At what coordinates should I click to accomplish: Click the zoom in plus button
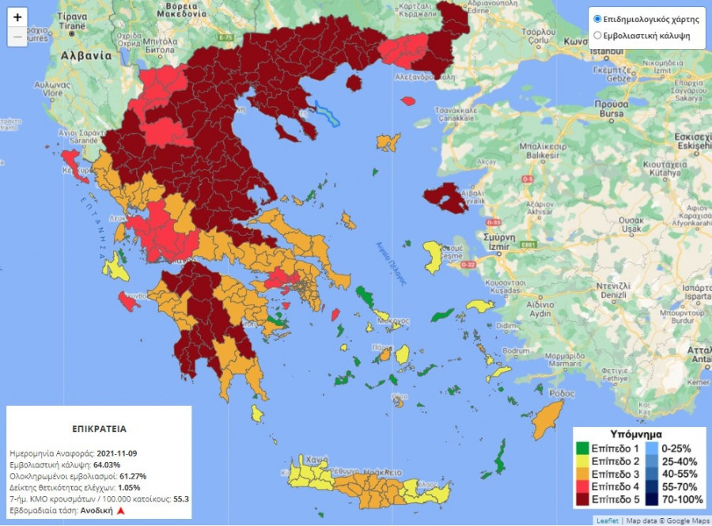tap(18, 17)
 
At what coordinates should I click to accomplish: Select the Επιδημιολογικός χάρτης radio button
tap(597, 19)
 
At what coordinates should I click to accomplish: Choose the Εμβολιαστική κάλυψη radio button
tap(597, 35)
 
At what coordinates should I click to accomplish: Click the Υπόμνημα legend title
tap(637, 434)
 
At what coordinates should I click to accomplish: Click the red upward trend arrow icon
tap(121, 511)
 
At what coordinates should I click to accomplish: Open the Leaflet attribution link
tap(608, 520)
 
